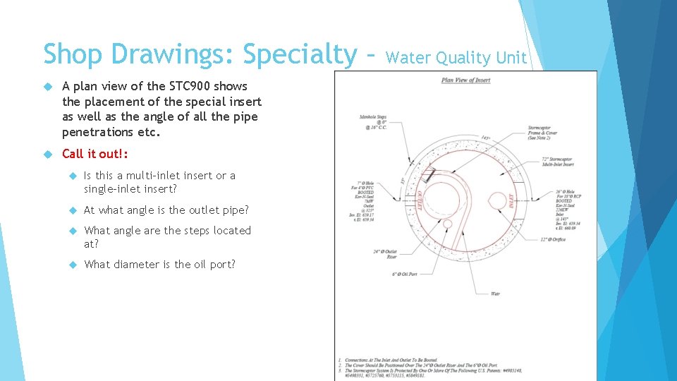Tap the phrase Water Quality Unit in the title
[x=456, y=58]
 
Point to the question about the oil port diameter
[x=159, y=265]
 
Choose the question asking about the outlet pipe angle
[x=166, y=210]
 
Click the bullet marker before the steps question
[x=73, y=231]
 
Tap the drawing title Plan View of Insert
[x=465, y=80]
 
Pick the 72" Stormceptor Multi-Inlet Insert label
[x=557, y=162]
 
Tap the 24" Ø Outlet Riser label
[x=386, y=253]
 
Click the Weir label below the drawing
[x=495, y=294]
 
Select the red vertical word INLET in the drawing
[x=510, y=201]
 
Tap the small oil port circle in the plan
[x=447, y=224]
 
